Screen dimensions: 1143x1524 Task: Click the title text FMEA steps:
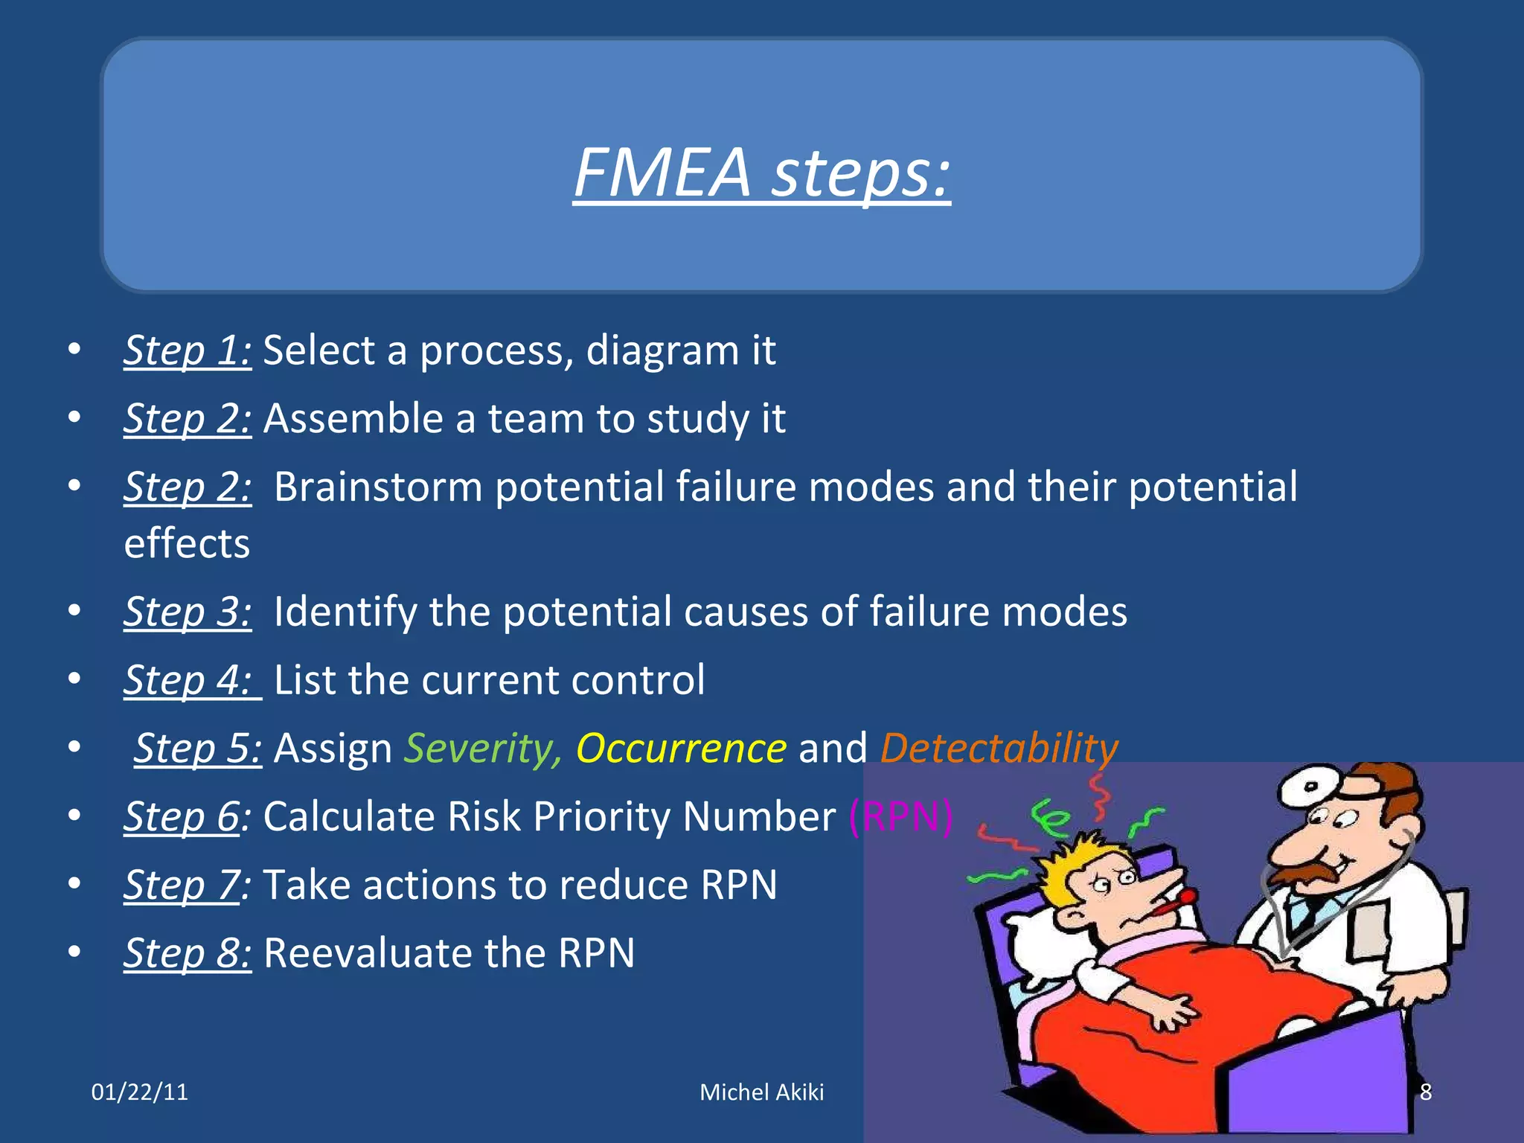pyautogui.click(x=762, y=173)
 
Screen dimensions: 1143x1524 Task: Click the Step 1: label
pyautogui.click(x=188, y=350)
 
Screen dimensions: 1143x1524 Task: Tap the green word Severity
pyautogui.click(x=483, y=749)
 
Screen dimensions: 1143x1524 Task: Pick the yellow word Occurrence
pyautogui.click(x=681, y=749)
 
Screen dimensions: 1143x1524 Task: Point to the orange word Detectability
pyautogui.click(x=999, y=749)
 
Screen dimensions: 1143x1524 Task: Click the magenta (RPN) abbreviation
pyautogui.click(x=900, y=817)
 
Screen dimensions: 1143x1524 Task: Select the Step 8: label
pyautogui.click(x=188, y=953)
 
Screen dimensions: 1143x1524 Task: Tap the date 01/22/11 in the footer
pyautogui.click(x=140, y=1092)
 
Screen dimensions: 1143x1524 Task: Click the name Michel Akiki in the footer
pyautogui.click(x=762, y=1092)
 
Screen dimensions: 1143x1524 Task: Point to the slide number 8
pyautogui.click(x=1426, y=1092)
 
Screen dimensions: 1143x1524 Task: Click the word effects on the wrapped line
pyautogui.click(x=187, y=544)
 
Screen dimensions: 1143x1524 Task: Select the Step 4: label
pyautogui.click(x=192, y=680)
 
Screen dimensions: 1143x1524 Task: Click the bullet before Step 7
pyautogui.click(x=74, y=885)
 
